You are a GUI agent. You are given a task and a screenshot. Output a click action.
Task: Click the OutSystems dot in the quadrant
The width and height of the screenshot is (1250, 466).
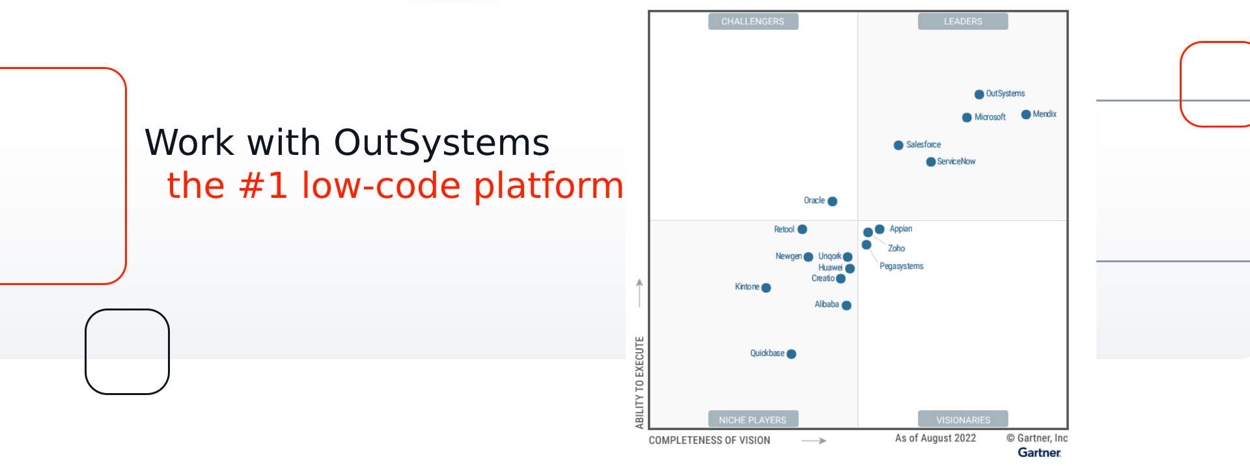[x=979, y=94]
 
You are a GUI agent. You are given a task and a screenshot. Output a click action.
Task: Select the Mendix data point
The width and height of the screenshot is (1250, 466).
[x=1026, y=115]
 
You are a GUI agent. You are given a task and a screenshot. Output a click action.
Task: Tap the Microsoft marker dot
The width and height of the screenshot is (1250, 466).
[x=967, y=118]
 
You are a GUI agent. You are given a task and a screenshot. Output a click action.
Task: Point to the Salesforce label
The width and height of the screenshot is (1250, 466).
[x=923, y=144]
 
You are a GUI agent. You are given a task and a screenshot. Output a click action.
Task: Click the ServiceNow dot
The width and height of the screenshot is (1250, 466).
[x=931, y=162]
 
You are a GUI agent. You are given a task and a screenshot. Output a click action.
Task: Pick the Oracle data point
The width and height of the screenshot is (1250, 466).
[x=832, y=201]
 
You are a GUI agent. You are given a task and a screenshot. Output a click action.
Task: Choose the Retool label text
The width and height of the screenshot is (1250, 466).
[x=784, y=229]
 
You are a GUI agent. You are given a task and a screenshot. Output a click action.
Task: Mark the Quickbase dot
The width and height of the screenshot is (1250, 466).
[x=791, y=354]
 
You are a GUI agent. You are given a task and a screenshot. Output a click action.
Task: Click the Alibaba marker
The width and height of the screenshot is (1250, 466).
[x=846, y=305]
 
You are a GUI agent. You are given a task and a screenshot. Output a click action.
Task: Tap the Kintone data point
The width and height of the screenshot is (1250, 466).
[x=766, y=288]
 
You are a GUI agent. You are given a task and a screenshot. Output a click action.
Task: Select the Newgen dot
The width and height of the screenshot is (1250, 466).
[x=808, y=257]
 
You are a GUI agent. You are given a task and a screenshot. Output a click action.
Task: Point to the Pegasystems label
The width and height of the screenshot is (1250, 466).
[x=901, y=266]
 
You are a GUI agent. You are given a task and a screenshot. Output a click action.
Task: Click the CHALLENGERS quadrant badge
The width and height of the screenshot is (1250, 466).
[x=753, y=21]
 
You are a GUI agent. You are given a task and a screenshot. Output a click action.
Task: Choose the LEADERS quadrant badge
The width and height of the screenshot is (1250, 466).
[x=963, y=21]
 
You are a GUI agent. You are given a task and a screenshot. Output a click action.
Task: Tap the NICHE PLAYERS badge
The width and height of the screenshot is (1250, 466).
[x=753, y=420]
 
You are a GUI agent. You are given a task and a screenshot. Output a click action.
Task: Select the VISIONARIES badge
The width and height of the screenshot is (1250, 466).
[x=963, y=420]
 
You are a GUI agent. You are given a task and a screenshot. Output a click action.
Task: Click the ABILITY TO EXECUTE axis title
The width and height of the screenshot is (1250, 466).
[x=639, y=383]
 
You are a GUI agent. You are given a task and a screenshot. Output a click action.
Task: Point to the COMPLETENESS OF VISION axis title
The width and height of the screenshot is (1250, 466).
[x=709, y=441]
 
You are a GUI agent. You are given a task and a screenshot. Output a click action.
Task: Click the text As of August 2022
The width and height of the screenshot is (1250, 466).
[x=936, y=438]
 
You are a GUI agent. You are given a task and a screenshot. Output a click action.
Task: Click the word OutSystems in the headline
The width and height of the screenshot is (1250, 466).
[x=442, y=143]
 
